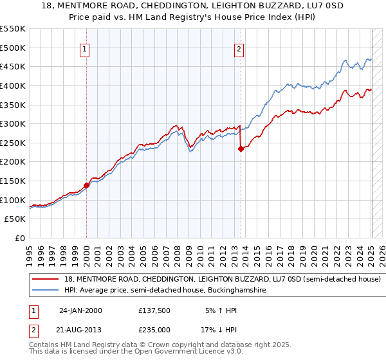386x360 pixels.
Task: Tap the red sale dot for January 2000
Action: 86,185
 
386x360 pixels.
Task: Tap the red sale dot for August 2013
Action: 241,148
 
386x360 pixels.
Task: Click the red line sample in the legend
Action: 46,280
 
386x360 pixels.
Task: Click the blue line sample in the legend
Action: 46,291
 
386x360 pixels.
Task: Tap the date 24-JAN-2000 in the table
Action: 80,310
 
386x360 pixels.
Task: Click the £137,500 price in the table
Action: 154,310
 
